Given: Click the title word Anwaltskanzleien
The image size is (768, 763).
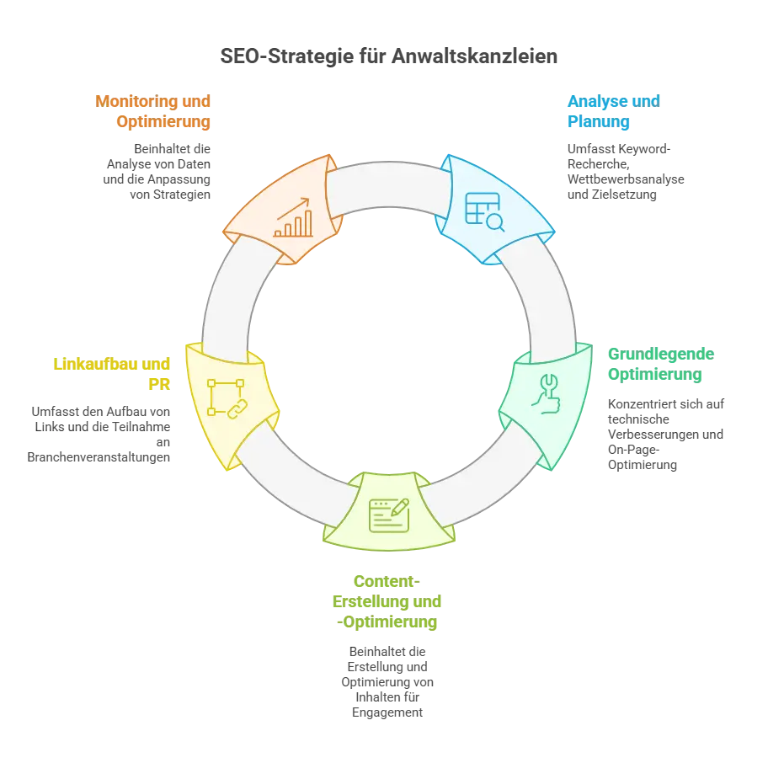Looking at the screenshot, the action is (x=474, y=56).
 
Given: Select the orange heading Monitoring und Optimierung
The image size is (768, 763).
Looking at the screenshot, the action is (x=152, y=111).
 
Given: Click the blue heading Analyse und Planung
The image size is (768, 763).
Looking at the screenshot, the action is (x=614, y=111).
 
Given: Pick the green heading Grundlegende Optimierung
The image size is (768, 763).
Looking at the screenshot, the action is (x=661, y=364).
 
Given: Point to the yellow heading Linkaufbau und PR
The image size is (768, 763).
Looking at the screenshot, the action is (x=112, y=374).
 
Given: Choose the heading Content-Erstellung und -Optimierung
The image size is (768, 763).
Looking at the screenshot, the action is (x=387, y=601).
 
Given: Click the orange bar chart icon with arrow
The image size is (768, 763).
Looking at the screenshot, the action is (x=293, y=217).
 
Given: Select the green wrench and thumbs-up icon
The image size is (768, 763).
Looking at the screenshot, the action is (x=547, y=394).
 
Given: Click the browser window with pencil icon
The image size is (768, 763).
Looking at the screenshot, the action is (x=389, y=515).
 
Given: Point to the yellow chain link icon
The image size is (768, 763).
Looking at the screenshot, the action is (x=227, y=398).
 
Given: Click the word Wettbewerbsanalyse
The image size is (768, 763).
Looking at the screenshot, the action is (x=626, y=179).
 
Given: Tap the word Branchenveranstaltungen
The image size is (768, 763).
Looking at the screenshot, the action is (x=99, y=457).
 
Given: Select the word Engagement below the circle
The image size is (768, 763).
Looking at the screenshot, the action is (x=387, y=712).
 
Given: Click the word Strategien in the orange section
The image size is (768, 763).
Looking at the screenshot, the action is (x=182, y=195).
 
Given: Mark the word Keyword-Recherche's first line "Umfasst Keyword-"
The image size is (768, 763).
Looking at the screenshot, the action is (x=619, y=149).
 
